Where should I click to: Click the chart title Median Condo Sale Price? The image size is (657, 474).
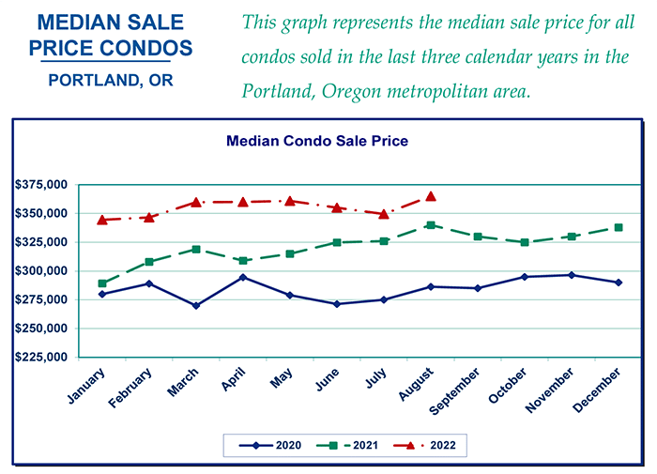point(316,141)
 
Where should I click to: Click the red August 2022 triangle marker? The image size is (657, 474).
point(431,196)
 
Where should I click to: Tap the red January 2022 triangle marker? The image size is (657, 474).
point(102,220)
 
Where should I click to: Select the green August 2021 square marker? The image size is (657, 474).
point(431,225)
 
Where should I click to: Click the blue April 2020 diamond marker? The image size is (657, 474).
point(243,277)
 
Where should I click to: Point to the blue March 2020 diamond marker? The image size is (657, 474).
point(196,305)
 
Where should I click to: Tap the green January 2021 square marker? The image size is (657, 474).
point(102,283)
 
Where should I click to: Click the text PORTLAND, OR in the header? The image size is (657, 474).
point(111,81)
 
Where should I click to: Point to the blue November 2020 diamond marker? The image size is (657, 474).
point(572,275)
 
